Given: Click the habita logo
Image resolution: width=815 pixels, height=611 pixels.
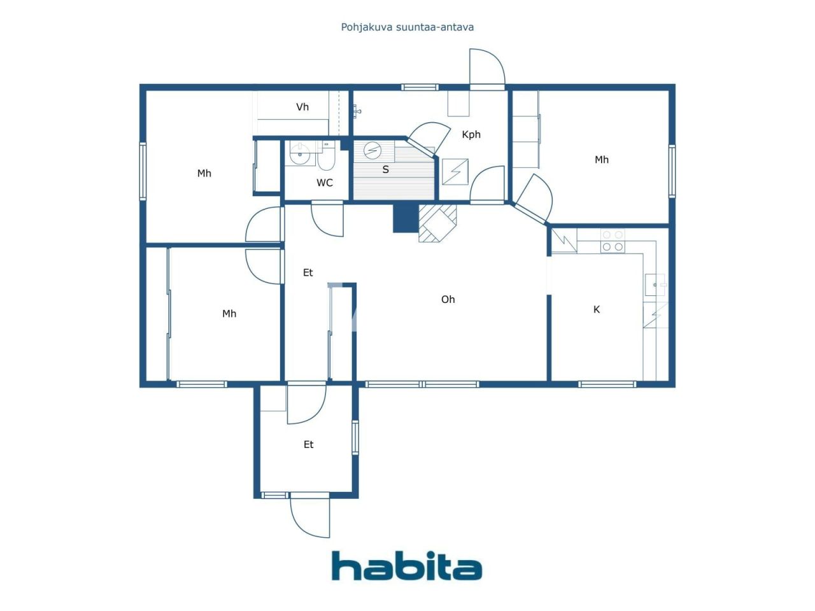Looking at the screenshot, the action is [407, 566].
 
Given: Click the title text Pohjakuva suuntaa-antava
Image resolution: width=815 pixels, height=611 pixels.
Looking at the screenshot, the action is [407, 27].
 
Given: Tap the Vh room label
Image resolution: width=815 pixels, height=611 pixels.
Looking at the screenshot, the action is [302, 107].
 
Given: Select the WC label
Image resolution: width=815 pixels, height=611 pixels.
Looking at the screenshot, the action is [325, 183].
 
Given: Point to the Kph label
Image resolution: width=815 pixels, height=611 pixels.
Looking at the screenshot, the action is [471, 134].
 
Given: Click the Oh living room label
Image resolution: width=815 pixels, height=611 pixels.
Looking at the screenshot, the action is [448, 299].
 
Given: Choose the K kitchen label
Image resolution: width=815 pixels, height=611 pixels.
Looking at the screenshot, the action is [597, 309].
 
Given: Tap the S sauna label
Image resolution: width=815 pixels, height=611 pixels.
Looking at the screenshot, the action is [385, 169].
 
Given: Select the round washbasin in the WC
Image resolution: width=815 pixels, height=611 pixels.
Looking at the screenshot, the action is [300, 154].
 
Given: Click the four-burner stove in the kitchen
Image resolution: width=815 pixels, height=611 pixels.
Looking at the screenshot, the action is [613, 241].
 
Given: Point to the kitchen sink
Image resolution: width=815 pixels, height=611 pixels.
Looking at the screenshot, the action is [655, 284].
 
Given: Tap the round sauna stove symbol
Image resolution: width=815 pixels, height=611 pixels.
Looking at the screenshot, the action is [372, 150].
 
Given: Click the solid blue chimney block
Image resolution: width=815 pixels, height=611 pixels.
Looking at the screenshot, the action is [406, 218].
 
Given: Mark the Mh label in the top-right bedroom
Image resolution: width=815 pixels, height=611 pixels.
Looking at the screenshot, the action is [602, 160].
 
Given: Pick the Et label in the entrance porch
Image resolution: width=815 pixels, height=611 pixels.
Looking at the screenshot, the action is [308, 444].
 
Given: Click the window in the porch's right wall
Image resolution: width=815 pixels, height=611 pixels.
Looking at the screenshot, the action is [355, 437].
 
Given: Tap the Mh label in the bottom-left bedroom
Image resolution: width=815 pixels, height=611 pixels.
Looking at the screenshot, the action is [229, 314].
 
